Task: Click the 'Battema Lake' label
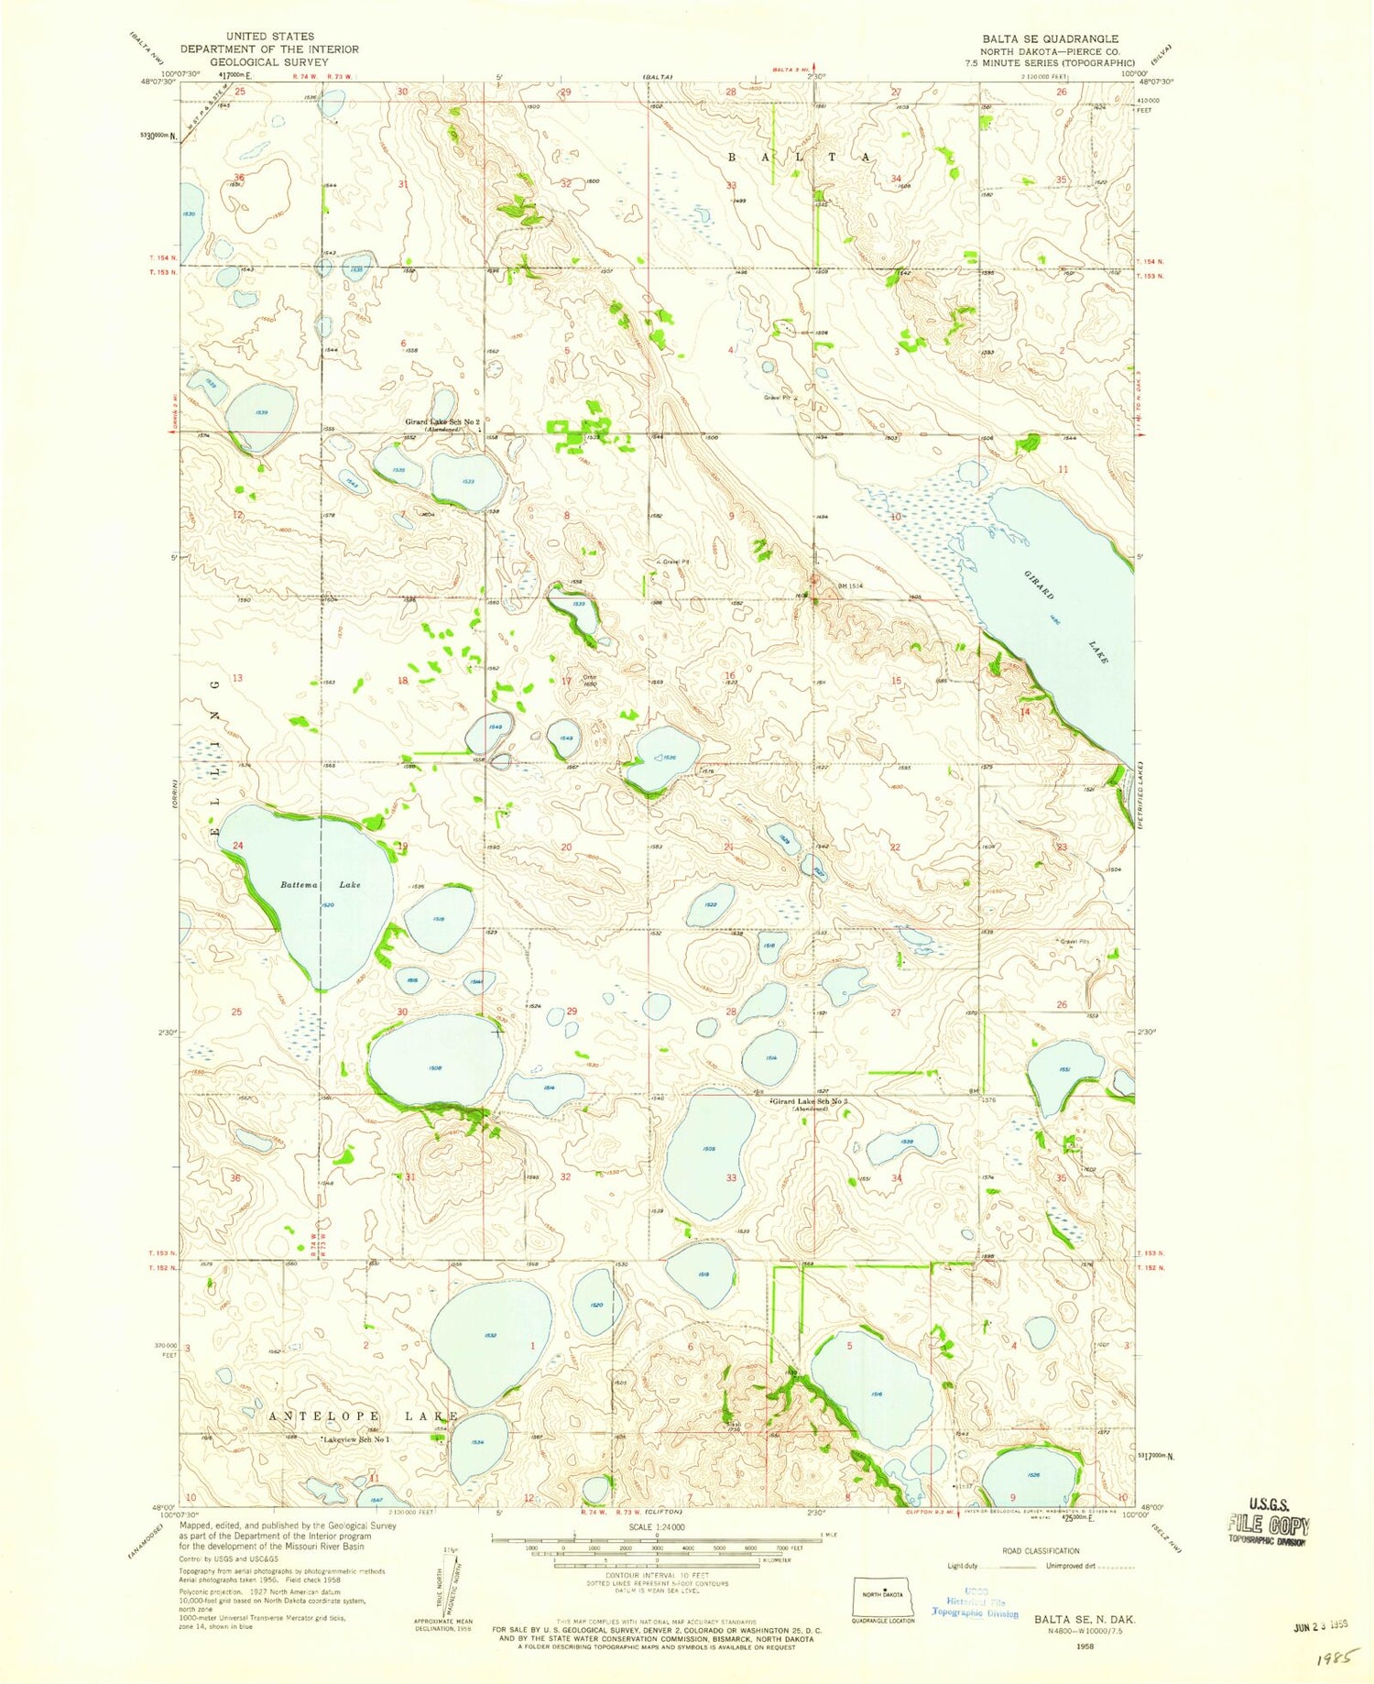[320, 885]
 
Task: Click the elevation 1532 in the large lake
[491, 1335]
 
